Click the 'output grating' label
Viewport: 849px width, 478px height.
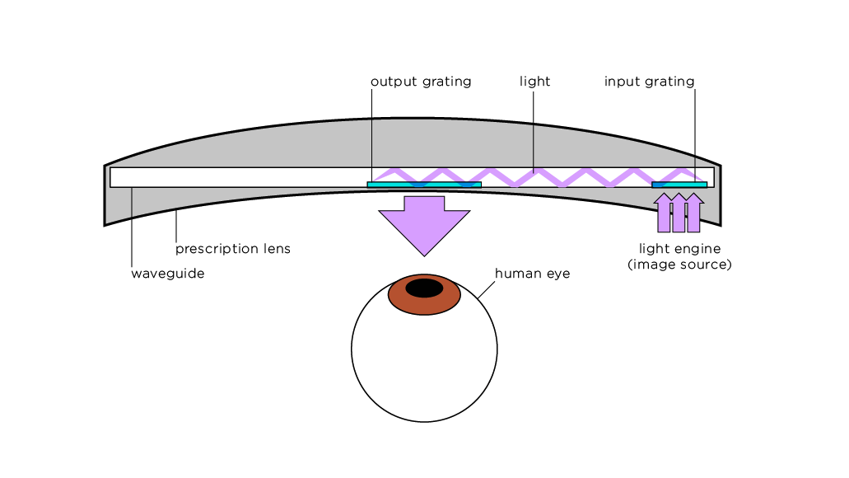[420, 82]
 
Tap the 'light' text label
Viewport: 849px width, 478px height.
[534, 82]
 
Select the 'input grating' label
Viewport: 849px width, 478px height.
[649, 82]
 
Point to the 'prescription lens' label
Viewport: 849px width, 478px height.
[232, 249]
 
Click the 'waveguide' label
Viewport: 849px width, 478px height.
[167, 274]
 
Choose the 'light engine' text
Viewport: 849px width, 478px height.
[679, 249]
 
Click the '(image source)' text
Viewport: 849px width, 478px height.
[679, 265]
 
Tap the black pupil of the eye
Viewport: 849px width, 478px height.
[424, 288]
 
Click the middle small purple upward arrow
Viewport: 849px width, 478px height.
[679, 213]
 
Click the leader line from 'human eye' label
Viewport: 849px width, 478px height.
[485, 287]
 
